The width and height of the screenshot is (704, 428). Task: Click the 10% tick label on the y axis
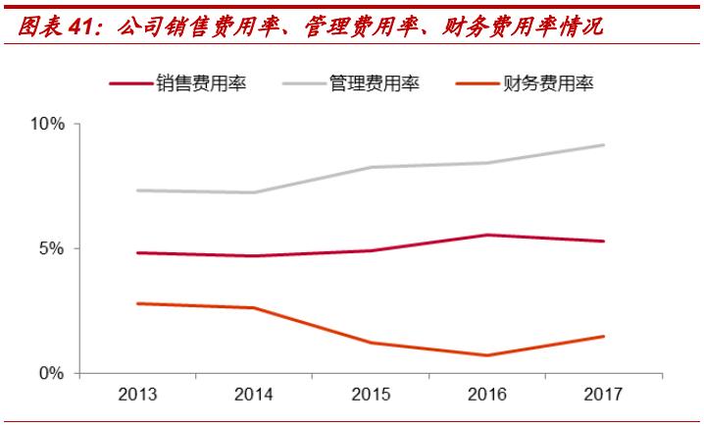[x=48, y=125]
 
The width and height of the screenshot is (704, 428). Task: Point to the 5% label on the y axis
[x=52, y=248]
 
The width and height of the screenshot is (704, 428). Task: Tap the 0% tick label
[x=52, y=373]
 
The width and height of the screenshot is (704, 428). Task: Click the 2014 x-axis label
[x=253, y=395]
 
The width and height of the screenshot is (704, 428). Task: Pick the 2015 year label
[x=371, y=395]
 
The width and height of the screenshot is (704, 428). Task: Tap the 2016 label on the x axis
[x=487, y=395]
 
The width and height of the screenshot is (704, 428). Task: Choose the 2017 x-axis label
[x=604, y=395]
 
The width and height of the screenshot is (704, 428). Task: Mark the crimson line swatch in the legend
[x=130, y=84]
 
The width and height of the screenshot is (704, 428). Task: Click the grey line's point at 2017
[x=604, y=145]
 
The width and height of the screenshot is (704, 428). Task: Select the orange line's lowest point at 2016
[x=487, y=355]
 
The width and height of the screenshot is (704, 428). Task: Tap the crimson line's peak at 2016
[x=487, y=235]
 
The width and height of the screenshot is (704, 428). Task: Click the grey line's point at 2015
[x=371, y=167]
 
